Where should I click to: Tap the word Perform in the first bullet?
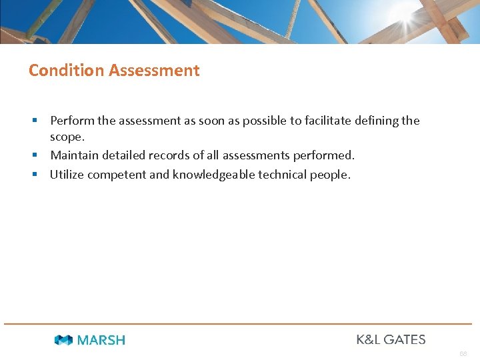point(72,121)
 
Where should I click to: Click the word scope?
point(67,137)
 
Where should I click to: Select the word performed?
point(324,155)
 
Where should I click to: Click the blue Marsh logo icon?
point(63,340)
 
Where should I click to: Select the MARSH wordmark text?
point(101,340)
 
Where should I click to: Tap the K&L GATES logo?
point(391,339)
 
